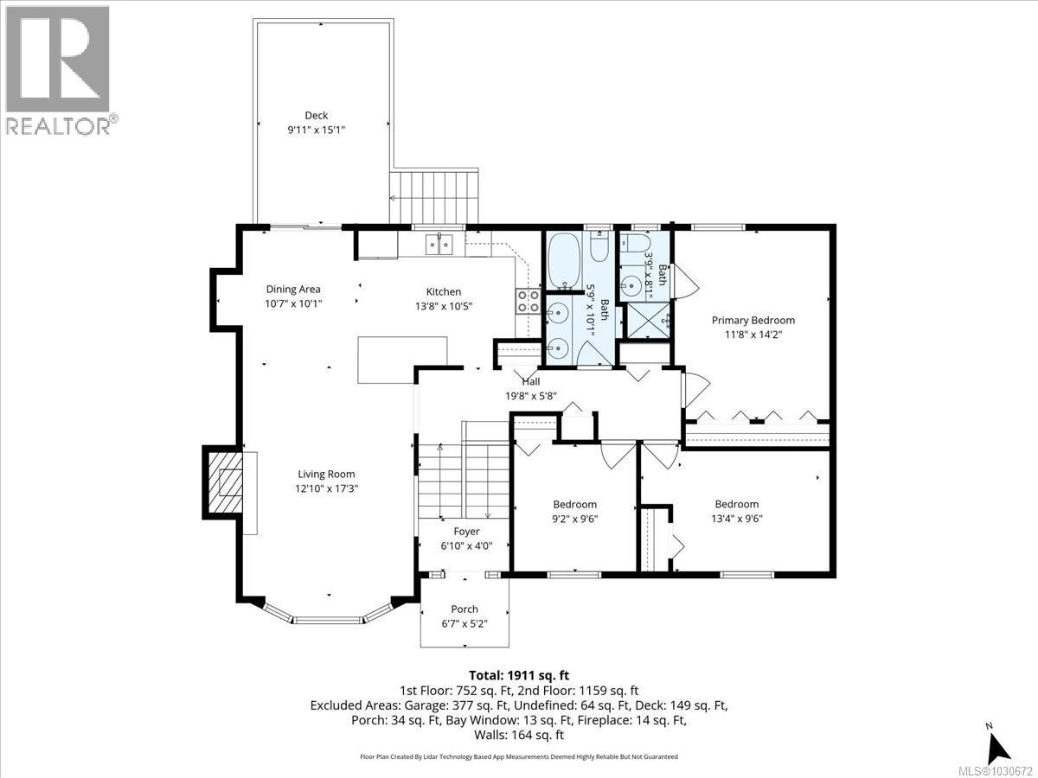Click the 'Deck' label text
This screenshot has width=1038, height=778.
[x=316, y=115]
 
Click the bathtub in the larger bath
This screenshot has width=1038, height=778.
[x=566, y=260]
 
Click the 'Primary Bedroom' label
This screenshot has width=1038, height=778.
[x=753, y=320]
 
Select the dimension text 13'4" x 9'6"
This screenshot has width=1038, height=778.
[x=737, y=519]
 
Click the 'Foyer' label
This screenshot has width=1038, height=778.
[x=466, y=532]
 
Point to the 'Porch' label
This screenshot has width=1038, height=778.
[x=465, y=609]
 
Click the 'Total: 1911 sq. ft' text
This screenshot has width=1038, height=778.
[x=518, y=675]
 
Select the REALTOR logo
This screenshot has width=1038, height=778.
[x=58, y=70]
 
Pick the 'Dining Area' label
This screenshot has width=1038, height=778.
[x=293, y=290]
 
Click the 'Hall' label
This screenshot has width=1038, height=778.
[x=531, y=381]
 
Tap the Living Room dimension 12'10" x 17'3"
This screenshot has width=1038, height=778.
[x=326, y=488]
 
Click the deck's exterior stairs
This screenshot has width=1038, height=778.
[x=434, y=197]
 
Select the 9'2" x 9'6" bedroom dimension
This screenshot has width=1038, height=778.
[x=574, y=520]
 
